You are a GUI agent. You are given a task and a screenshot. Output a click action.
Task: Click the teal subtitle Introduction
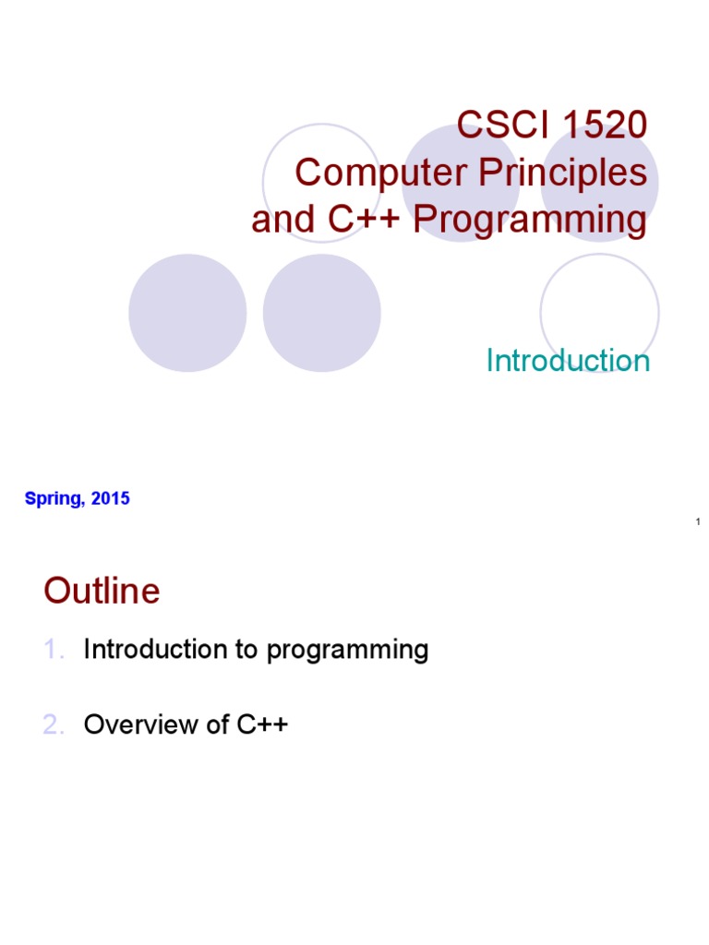[x=568, y=361]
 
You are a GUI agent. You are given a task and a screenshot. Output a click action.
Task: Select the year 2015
[x=112, y=499]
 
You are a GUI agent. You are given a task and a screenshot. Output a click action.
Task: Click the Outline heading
[x=102, y=592]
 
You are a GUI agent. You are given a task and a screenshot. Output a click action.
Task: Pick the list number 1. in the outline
[x=54, y=650]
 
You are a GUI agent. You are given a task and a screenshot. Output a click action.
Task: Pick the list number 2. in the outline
[x=54, y=725]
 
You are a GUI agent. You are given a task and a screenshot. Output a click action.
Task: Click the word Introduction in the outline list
[x=155, y=650]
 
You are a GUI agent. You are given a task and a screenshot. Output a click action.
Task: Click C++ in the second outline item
[x=262, y=725]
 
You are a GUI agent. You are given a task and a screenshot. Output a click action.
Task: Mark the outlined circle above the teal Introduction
[x=599, y=309]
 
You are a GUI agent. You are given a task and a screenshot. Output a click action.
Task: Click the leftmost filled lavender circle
[x=187, y=313]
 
